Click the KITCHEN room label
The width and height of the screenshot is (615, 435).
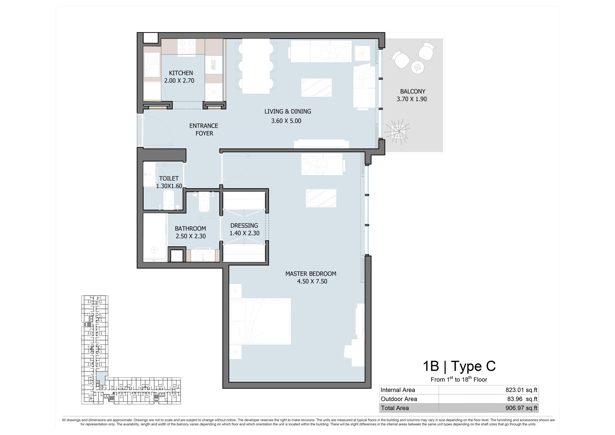tap(181, 73)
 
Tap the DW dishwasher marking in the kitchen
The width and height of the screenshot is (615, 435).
tap(213, 65)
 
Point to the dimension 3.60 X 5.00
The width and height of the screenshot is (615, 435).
tap(286, 121)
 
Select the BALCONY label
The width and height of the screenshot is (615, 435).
tap(413, 91)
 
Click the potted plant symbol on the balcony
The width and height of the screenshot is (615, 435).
tap(398, 131)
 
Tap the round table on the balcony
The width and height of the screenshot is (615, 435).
tap(417, 67)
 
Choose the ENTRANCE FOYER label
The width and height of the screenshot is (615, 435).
tap(204, 130)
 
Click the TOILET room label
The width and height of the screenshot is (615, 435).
tap(169, 178)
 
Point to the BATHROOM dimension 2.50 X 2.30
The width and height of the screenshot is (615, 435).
tap(191, 236)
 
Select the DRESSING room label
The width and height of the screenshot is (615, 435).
tap(244, 226)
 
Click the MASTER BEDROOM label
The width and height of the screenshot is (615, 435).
tap(311, 274)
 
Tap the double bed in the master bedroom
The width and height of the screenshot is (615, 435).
tap(260, 321)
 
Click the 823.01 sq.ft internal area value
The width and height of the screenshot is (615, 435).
tap(521, 390)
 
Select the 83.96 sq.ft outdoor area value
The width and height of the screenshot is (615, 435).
tap(522, 399)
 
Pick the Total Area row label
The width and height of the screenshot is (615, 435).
tap(395, 408)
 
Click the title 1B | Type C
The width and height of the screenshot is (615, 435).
tap(459, 366)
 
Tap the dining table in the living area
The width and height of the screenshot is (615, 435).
tap(256, 66)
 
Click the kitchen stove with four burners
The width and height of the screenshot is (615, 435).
tap(187, 47)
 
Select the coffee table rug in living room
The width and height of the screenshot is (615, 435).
tap(316, 87)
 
